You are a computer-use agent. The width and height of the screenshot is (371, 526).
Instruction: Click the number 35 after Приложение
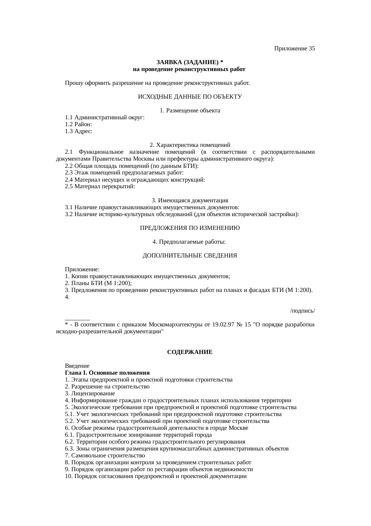coord(311,49)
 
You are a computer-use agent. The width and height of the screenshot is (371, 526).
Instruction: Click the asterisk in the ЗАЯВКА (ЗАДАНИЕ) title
coord(221,62)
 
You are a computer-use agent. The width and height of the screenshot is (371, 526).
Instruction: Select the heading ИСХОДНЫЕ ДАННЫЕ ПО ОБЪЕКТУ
coord(190,97)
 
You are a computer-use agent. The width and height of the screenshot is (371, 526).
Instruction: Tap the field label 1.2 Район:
coord(78,124)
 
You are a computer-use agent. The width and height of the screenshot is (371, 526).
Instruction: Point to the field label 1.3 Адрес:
coord(78,131)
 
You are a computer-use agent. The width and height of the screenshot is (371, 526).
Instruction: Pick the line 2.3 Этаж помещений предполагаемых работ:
coord(124,173)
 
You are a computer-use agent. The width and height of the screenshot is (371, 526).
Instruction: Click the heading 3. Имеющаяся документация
coord(190,200)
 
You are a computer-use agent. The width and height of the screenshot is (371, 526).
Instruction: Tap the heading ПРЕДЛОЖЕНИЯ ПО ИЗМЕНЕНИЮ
coord(190,228)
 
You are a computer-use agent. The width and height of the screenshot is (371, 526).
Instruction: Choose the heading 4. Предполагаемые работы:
coord(189,242)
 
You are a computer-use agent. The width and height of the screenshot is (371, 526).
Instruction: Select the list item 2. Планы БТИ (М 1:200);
coord(98,283)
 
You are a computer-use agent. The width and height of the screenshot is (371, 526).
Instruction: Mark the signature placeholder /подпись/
coord(302,311)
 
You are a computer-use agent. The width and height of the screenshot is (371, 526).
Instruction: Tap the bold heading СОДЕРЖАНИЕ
coord(190,352)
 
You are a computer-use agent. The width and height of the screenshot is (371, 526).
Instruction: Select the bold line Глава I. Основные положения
coord(107,373)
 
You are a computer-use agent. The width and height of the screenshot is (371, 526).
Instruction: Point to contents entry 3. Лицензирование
coord(90,394)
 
